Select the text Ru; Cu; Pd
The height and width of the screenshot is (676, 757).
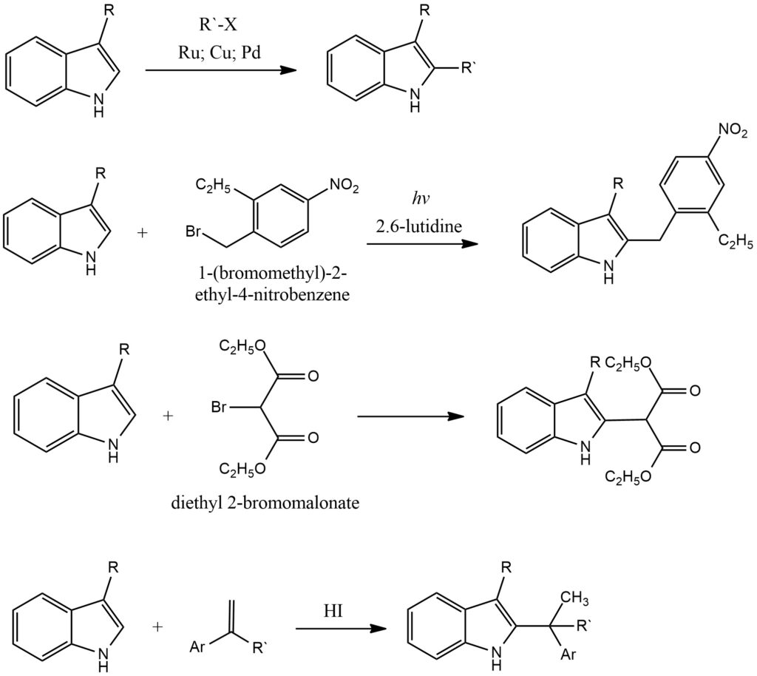[x=219, y=52]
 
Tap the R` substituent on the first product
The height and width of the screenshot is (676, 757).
[x=469, y=68]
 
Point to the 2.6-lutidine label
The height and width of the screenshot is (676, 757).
[x=419, y=226]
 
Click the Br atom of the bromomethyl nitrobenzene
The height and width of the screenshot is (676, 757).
[x=193, y=231]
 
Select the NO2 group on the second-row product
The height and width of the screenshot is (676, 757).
[x=733, y=130]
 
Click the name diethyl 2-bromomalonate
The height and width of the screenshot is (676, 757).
[x=265, y=503]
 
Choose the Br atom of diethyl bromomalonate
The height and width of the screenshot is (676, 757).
[x=219, y=407]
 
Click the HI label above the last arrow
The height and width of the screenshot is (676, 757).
[x=333, y=611]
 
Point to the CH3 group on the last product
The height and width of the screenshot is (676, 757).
[x=574, y=599]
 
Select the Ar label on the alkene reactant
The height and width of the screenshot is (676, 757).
[x=198, y=646]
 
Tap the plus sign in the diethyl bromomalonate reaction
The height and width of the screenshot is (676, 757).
[x=168, y=416]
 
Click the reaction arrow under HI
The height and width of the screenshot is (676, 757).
[x=341, y=629]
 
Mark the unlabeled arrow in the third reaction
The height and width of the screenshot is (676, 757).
[x=410, y=416]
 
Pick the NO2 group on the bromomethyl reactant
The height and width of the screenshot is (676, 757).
[x=344, y=186]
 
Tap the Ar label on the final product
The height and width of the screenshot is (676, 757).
[x=568, y=655]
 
